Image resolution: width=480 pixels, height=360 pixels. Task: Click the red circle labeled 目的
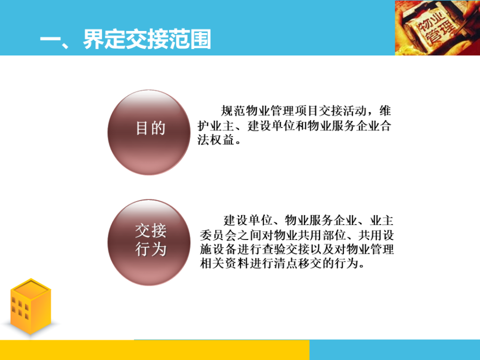pos(150,132)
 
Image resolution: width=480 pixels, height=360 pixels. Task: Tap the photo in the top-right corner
pos(437,28)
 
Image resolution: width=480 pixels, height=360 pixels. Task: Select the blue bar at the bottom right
pos(395,350)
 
